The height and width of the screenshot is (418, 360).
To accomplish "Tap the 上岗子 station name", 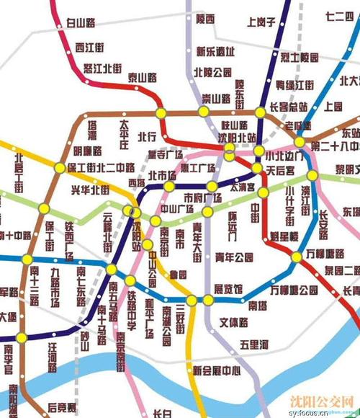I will [x=261, y=22].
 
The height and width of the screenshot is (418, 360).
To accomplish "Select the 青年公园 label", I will [x=234, y=256].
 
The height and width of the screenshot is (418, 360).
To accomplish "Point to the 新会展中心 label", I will [x=216, y=371].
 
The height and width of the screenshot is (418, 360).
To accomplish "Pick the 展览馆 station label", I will [x=228, y=288].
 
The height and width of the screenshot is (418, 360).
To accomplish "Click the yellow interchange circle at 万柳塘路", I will [x=297, y=257].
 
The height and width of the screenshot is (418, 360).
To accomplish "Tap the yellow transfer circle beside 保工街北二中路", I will [x=58, y=167].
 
